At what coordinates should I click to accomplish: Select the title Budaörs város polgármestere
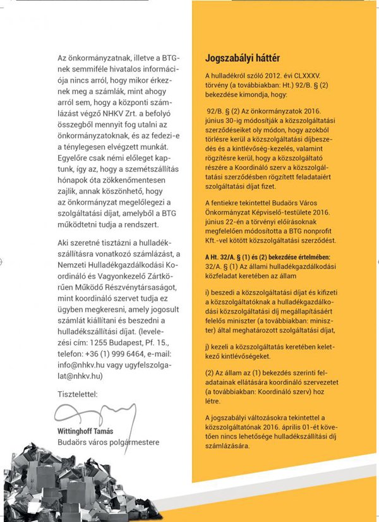(107, 442)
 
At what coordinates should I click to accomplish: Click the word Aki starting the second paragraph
(63, 243)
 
